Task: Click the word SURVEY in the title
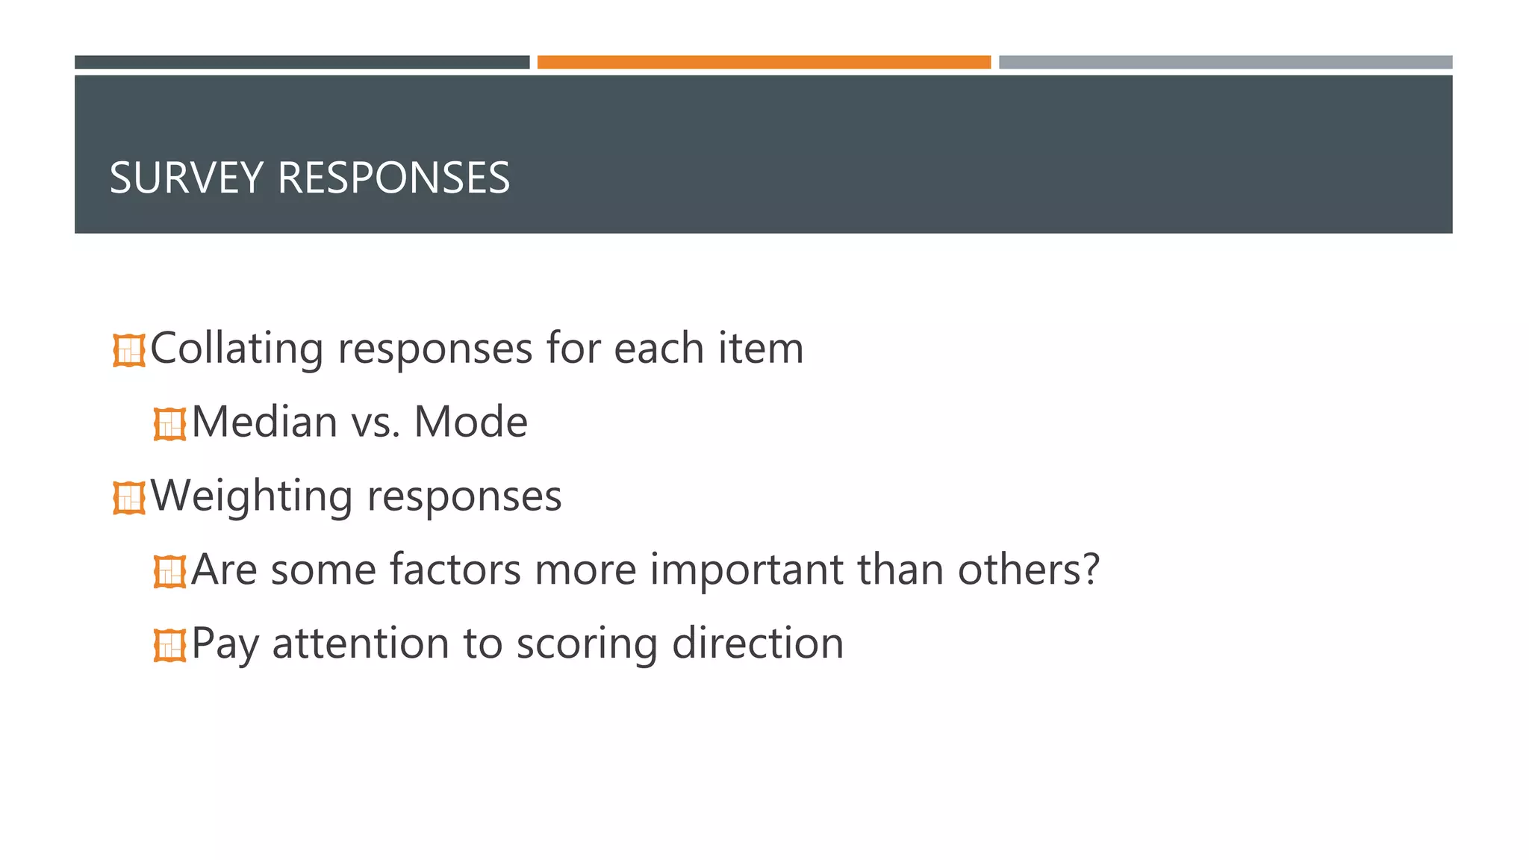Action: (187, 178)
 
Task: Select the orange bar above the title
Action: (764, 62)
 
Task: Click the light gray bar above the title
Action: (1225, 62)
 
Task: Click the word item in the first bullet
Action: (761, 349)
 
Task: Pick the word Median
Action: (264, 422)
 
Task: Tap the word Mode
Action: (470, 422)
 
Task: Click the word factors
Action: (455, 570)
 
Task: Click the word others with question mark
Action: (1028, 570)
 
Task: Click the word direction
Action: (757, 644)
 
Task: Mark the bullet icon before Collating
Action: (129, 350)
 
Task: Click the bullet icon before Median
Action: (169, 424)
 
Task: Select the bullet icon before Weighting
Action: (129, 498)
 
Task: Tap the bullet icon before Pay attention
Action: (169, 645)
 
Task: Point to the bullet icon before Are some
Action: (169, 572)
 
